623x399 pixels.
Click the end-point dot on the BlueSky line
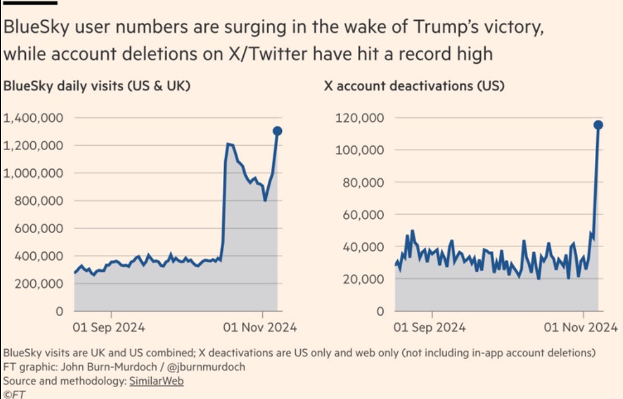(277, 131)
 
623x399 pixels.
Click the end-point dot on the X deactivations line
(598, 124)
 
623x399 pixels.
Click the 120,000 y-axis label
(360, 118)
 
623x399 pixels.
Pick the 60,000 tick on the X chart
(363, 215)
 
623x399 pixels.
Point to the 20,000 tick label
(363, 279)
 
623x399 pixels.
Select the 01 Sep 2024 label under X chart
(430, 327)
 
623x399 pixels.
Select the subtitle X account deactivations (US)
(414, 87)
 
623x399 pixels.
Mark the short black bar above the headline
(30, 2)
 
